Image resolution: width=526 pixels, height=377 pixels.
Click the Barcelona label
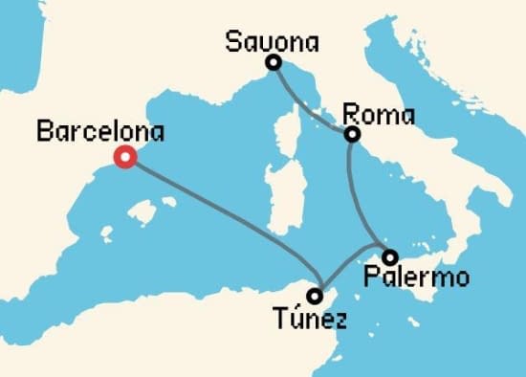click(x=100, y=131)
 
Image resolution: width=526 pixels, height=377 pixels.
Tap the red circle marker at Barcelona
click(x=124, y=158)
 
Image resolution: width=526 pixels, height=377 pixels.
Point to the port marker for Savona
click(x=274, y=63)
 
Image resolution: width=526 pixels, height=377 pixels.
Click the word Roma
click(x=379, y=116)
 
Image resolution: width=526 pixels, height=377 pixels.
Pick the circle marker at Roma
click(x=352, y=135)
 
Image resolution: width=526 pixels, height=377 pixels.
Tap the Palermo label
click(x=418, y=278)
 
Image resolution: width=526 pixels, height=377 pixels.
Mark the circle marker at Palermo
click(x=389, y=256)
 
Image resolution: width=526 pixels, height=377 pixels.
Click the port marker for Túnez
click(x=314, y=296)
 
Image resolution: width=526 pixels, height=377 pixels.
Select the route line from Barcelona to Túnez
click(x=220, y=219)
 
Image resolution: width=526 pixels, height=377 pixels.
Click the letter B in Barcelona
click(x=43, y=132)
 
